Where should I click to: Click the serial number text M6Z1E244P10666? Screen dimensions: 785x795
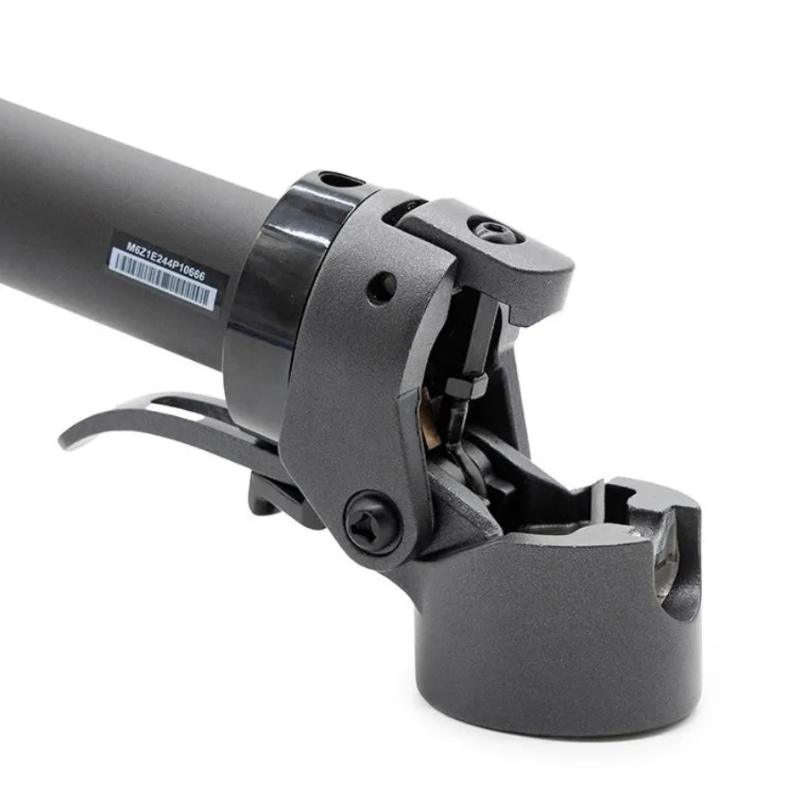pos(165,261)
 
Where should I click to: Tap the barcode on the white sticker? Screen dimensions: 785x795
pos(162,279)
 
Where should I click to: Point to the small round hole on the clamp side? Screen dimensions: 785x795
pos(381,288)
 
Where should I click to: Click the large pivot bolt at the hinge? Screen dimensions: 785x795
pos(372,523)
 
